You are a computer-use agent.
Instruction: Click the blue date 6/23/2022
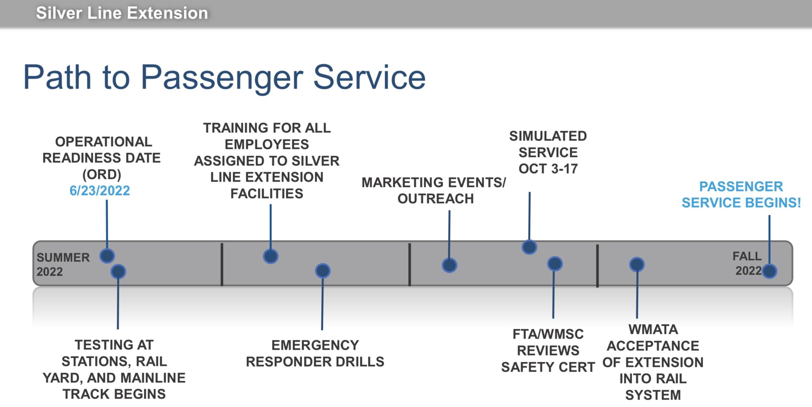click(100, 191)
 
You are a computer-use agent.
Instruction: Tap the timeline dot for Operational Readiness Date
click(107, 256)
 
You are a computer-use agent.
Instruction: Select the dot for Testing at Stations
click(118, 272)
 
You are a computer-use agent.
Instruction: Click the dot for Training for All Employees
click(271, 256)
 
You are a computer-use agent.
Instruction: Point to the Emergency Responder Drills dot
click(323, 271)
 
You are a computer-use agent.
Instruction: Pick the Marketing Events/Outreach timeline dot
click(449, 265)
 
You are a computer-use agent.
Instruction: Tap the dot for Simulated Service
click(529, 247)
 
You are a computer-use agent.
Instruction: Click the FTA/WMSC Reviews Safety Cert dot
click(555, 264)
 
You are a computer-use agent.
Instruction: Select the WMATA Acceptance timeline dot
click(637, 265)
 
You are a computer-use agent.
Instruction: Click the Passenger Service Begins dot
click(770, 271)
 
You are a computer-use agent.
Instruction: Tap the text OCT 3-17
click(548, 169)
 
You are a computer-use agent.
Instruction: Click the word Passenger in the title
click(222, 77)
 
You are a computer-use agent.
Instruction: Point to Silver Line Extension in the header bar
click(122, 13)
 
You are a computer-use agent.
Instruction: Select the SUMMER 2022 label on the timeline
click(63, 265)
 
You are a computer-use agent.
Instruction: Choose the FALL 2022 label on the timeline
click(747, 263)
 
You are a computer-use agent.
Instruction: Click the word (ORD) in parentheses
click(101, 175)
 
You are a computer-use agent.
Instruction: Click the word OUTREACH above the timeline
click(435, 199)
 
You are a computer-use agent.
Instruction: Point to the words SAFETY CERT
click(548, 367)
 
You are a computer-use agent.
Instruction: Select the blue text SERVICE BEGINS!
click(741, 203)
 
